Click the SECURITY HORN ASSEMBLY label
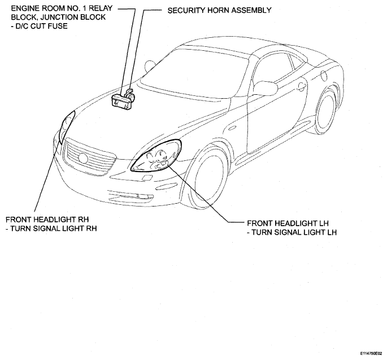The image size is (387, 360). pyautogui.click(x=219, y=10)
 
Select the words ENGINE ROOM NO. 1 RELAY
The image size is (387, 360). pyautogui.click(x=62, y=8)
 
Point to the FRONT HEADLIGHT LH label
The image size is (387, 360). pyautogui.click(x=288, y=223)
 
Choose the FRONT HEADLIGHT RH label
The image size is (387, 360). pyautogui.click(x=47, y=219)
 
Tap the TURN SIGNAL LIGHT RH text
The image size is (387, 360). pyautogui.click(x=51, y=229)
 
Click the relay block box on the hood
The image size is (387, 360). pyautogui.click(x=121, y=102)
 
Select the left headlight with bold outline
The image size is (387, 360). pyautogui.click(x=156, y=156)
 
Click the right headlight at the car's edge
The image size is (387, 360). pyautogui.click(x=67, y=126)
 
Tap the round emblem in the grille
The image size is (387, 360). pyautogui.click(x=82, y=157)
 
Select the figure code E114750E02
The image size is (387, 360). pyautogui.click(x=371, y=353)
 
